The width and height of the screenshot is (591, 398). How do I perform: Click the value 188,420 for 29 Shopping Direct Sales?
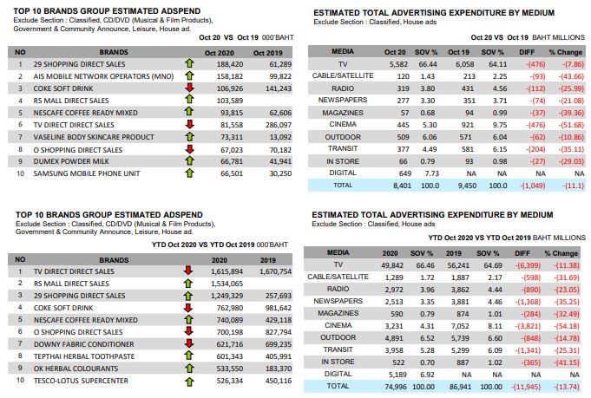pyautogui.click(x=229, y=64)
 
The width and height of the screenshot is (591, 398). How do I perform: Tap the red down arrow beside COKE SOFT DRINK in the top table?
pyautogui.click(x=189, y=88)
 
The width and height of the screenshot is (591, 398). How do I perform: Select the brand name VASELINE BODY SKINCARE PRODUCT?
pyautogui.click(x=94, y=137)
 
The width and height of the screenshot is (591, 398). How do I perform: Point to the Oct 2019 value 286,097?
pyautogui.click(x=279, y=125)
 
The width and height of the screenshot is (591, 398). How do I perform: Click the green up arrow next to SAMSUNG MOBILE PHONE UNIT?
pyautogui.click(x=189, y=173)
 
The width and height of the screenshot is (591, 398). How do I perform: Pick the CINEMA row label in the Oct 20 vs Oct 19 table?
pyautogui.click(x=343, y=124)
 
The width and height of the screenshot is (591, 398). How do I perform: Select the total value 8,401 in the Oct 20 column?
pyautogui.click(x=402, y=186)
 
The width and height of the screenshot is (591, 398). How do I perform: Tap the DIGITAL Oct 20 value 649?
pyautogui.click(x=404, y=173)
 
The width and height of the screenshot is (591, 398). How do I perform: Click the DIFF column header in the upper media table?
pyautogui.click(x=527, y=52)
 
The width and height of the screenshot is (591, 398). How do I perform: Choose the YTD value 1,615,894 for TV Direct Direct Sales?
pyautogui.click(x=227, y=271)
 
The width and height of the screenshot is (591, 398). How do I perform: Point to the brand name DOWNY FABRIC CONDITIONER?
pyautogui.click(x=83, y=344)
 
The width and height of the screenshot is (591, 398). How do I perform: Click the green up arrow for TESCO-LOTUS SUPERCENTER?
pyautogui.click(x=189, y=382)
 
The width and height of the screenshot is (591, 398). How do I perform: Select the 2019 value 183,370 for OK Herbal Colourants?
pyautogui.click(x=279, y=369)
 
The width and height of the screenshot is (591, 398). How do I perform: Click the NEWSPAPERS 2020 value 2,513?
pyautogui.click(x=394, y=302)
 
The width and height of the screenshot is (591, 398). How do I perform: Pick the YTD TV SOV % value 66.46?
pyautogui.click(x=425, y=265)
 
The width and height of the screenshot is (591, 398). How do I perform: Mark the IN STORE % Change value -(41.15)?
pyautogui.click(x=567, y=362)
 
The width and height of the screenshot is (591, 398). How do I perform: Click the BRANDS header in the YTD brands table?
pyautogui.click(x=114, y=260)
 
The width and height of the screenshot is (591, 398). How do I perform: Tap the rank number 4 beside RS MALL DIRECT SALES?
pyautogui.click(x=20, y=101)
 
